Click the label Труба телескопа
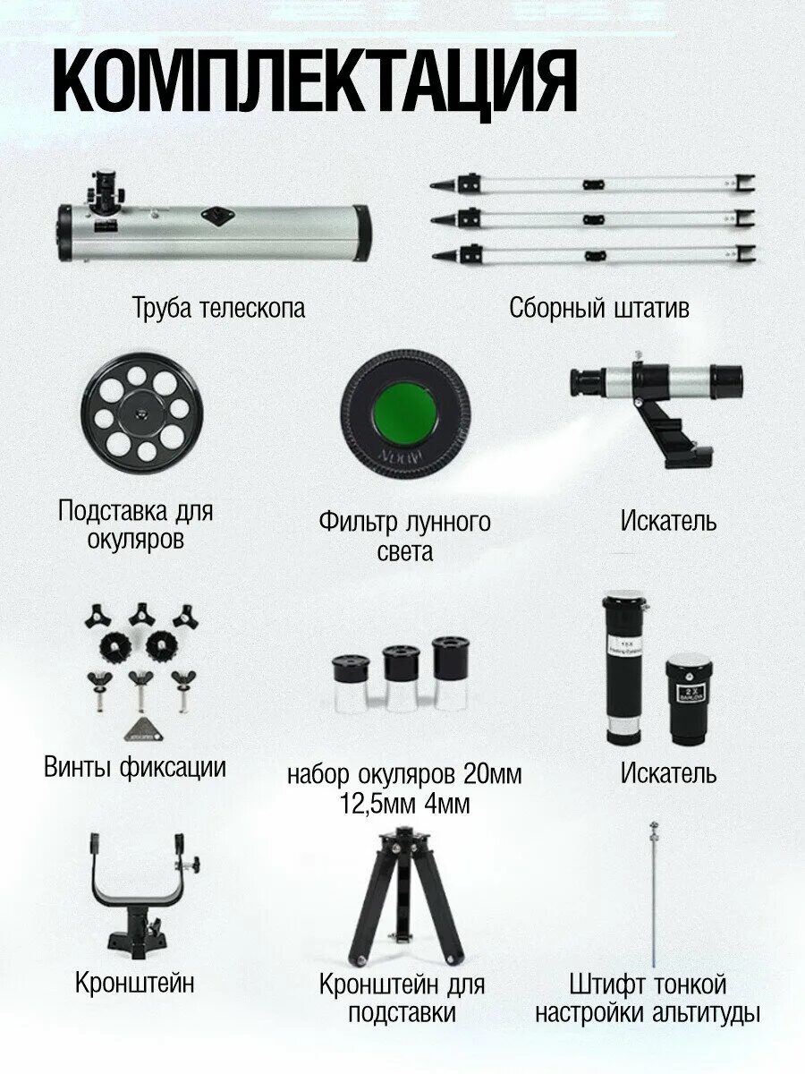pos(219,308)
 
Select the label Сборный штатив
pos(599,308)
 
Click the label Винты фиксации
pos(134,767)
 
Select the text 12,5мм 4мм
pos(404,804)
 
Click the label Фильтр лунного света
pos(404,535)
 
